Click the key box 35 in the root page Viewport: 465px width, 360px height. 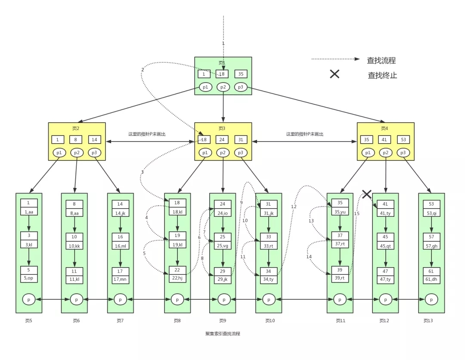point(241,74)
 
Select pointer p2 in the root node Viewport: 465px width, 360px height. point(223,87)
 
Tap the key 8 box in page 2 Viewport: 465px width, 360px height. point(76,140)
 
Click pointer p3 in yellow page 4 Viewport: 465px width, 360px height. point(403,153)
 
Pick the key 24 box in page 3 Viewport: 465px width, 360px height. point(223,140)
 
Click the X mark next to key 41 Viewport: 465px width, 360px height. point(366,194)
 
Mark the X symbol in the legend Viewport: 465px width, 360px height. point(335,74)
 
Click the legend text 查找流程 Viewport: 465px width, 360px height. point(381,61)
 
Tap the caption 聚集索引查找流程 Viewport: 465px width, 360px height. point(223,334)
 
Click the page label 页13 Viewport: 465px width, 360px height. point(428,321)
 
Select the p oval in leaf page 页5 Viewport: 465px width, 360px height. point(29,299)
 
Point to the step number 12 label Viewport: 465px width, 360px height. point(294,207)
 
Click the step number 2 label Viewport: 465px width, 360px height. point(143,70)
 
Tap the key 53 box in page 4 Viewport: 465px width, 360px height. point(403,140)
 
